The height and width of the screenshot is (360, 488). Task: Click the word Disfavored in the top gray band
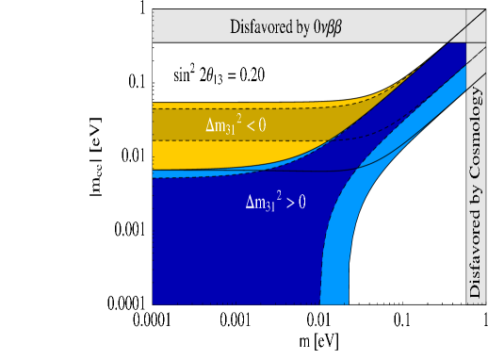click(260, 26)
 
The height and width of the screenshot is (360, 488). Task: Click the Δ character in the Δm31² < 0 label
click(210, 124)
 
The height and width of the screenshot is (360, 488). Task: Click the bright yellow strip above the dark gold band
click(236, 106)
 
